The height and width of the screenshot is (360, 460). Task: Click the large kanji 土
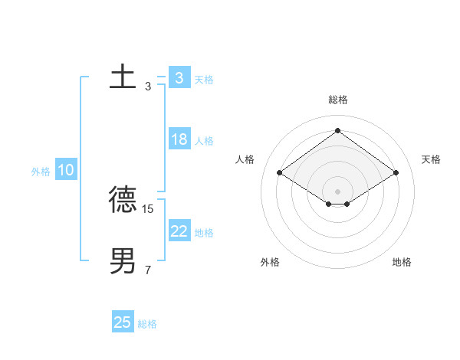pyautogui.click(x=123, y=77)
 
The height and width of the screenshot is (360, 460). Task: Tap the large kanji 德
pyautogui.click(x=123, y=200)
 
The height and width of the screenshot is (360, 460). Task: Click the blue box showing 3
pyautogui.click(x=179, y=78)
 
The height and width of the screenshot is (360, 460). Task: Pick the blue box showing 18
pyautogui.click(x=179, y=139)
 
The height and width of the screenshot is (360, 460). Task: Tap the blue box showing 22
pyautogui.click(x=179, y=231)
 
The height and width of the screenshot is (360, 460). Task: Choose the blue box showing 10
pyautogui.click(x=66, y=170)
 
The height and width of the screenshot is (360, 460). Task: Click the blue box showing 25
pyautogui.click(x=123, y=322)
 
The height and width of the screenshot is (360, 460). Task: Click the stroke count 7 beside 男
pyautogui.click(x=148, y=270)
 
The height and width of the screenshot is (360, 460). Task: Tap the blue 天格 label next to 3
pyautogui.click(x=204, y=80)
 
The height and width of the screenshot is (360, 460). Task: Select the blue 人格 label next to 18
pyautogui.click(x=204, y=141)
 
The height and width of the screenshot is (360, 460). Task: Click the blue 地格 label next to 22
pyautogui.click(x=204, y=233)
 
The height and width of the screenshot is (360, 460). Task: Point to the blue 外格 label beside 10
pyautogui.click(x=41, y=172)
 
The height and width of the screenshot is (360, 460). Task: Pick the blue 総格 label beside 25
pyautogui.click(x=147, y=324)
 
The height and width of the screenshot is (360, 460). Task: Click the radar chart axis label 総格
pyautogui.click(x=337, y=100)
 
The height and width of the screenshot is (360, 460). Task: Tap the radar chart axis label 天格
pyautogui.click(x=431, y=159)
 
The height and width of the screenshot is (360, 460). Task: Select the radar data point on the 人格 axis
pyautogui.click(x=280, y=173)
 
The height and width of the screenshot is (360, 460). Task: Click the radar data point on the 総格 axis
pyautogui.click(x=337, y=131)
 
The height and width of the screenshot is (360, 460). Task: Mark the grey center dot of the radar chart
pyautogui.click(x=337, y=191)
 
